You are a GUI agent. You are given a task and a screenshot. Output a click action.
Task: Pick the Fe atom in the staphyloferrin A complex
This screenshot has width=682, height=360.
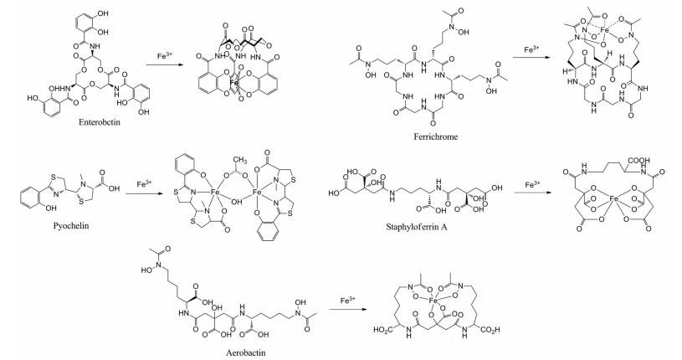615,199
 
